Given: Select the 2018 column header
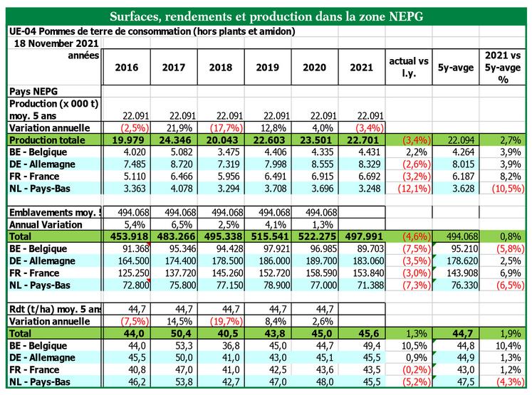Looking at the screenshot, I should [x=221, y=68].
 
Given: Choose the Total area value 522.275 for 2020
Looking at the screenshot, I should [x=315, y=236].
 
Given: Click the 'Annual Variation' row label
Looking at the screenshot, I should [x=43, y=223].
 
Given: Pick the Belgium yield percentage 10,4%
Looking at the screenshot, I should [x=504, y=345].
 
